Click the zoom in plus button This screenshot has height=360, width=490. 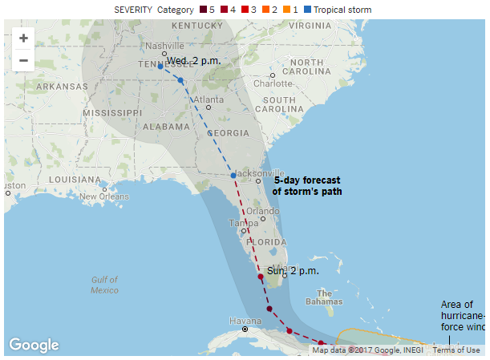click(x=23, y=38)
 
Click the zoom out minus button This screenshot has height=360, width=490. click(x=23, y=60)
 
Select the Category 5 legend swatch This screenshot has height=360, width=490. click(x=201, y=10)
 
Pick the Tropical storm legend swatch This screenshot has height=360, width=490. click(x=308, y=10)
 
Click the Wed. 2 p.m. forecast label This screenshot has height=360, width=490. click(x=193, y=61)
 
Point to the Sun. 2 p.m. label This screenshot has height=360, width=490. click(x=293, y=271)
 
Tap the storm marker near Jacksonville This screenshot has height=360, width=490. click(x=233, y=176)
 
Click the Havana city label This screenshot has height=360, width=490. click(x=245, y=321)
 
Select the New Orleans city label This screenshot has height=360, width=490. click(x=103, y=196)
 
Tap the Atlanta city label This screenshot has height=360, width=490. click(x=208, y=99)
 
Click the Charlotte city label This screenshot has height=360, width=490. click(x=273, y=83)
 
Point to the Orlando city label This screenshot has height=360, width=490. click(x=262, y=212)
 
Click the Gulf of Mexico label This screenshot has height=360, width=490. click(x=105, y=285)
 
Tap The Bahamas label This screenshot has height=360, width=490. click(x=324, y=297)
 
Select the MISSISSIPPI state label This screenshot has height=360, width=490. click(x=112, y=113)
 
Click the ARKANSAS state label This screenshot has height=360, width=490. click(x=61, y=87)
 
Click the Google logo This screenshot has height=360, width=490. click(x=34, y=345)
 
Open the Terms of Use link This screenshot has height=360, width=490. click(x=456, y=350)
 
